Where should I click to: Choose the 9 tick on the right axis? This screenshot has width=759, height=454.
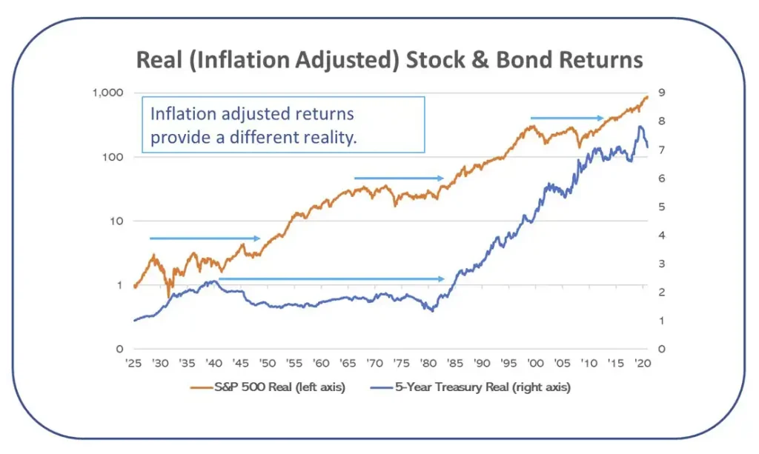(661, 93)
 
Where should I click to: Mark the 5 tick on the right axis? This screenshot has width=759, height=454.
(661, 207)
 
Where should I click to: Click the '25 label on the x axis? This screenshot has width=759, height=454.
(133, 363)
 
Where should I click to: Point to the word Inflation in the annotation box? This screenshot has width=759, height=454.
(179, 114)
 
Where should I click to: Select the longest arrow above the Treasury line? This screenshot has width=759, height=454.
(331, 279)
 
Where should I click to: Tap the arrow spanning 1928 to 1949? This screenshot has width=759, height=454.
(205, 238)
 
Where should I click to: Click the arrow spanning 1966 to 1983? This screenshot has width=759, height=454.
(399, 178)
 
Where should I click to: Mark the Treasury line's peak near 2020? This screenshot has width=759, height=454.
(640, 127)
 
